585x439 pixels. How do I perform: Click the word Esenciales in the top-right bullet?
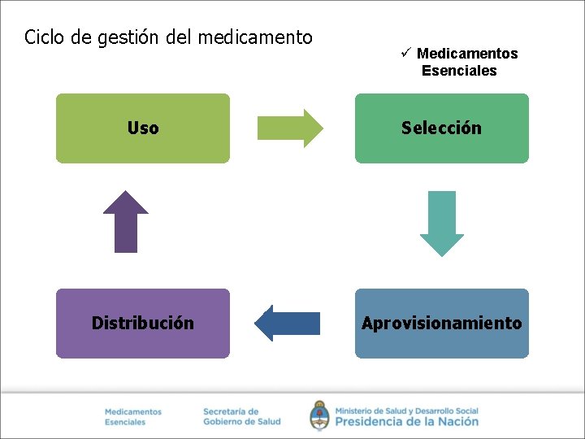tap(459, 71)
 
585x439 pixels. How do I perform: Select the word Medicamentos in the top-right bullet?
tap(467, 54)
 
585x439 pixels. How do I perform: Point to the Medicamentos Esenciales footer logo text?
tap(133, 417)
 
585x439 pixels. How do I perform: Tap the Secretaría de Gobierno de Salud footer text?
tap(241, 416)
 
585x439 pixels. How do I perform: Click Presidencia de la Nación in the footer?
tap(406, 421)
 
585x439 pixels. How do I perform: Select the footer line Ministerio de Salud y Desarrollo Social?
tap(406, 411)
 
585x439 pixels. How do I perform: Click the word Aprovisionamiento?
tap(441, 324)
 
